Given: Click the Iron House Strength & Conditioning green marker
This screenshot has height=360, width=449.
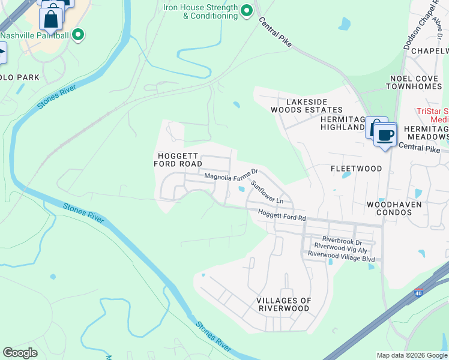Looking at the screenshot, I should pos(246,11).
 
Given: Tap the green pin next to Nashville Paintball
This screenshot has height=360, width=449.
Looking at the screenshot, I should pos(77,35).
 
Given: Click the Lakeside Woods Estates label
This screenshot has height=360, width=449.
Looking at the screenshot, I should pos(306,106).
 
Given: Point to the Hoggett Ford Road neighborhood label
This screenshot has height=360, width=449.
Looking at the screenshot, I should pos(178,160).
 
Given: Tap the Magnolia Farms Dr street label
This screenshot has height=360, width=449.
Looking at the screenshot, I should pos(231,176).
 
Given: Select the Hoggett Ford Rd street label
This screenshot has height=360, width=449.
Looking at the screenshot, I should pos(282,214).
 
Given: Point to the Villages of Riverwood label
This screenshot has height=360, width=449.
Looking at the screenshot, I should pos(283,304).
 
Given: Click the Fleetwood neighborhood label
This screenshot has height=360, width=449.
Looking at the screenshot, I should pos(356,169).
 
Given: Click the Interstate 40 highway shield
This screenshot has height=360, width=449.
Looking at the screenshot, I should pos(418,293).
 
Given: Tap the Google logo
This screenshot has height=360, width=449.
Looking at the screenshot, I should pos(20,352).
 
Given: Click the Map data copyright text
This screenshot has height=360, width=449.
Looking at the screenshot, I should pos(412,355).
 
